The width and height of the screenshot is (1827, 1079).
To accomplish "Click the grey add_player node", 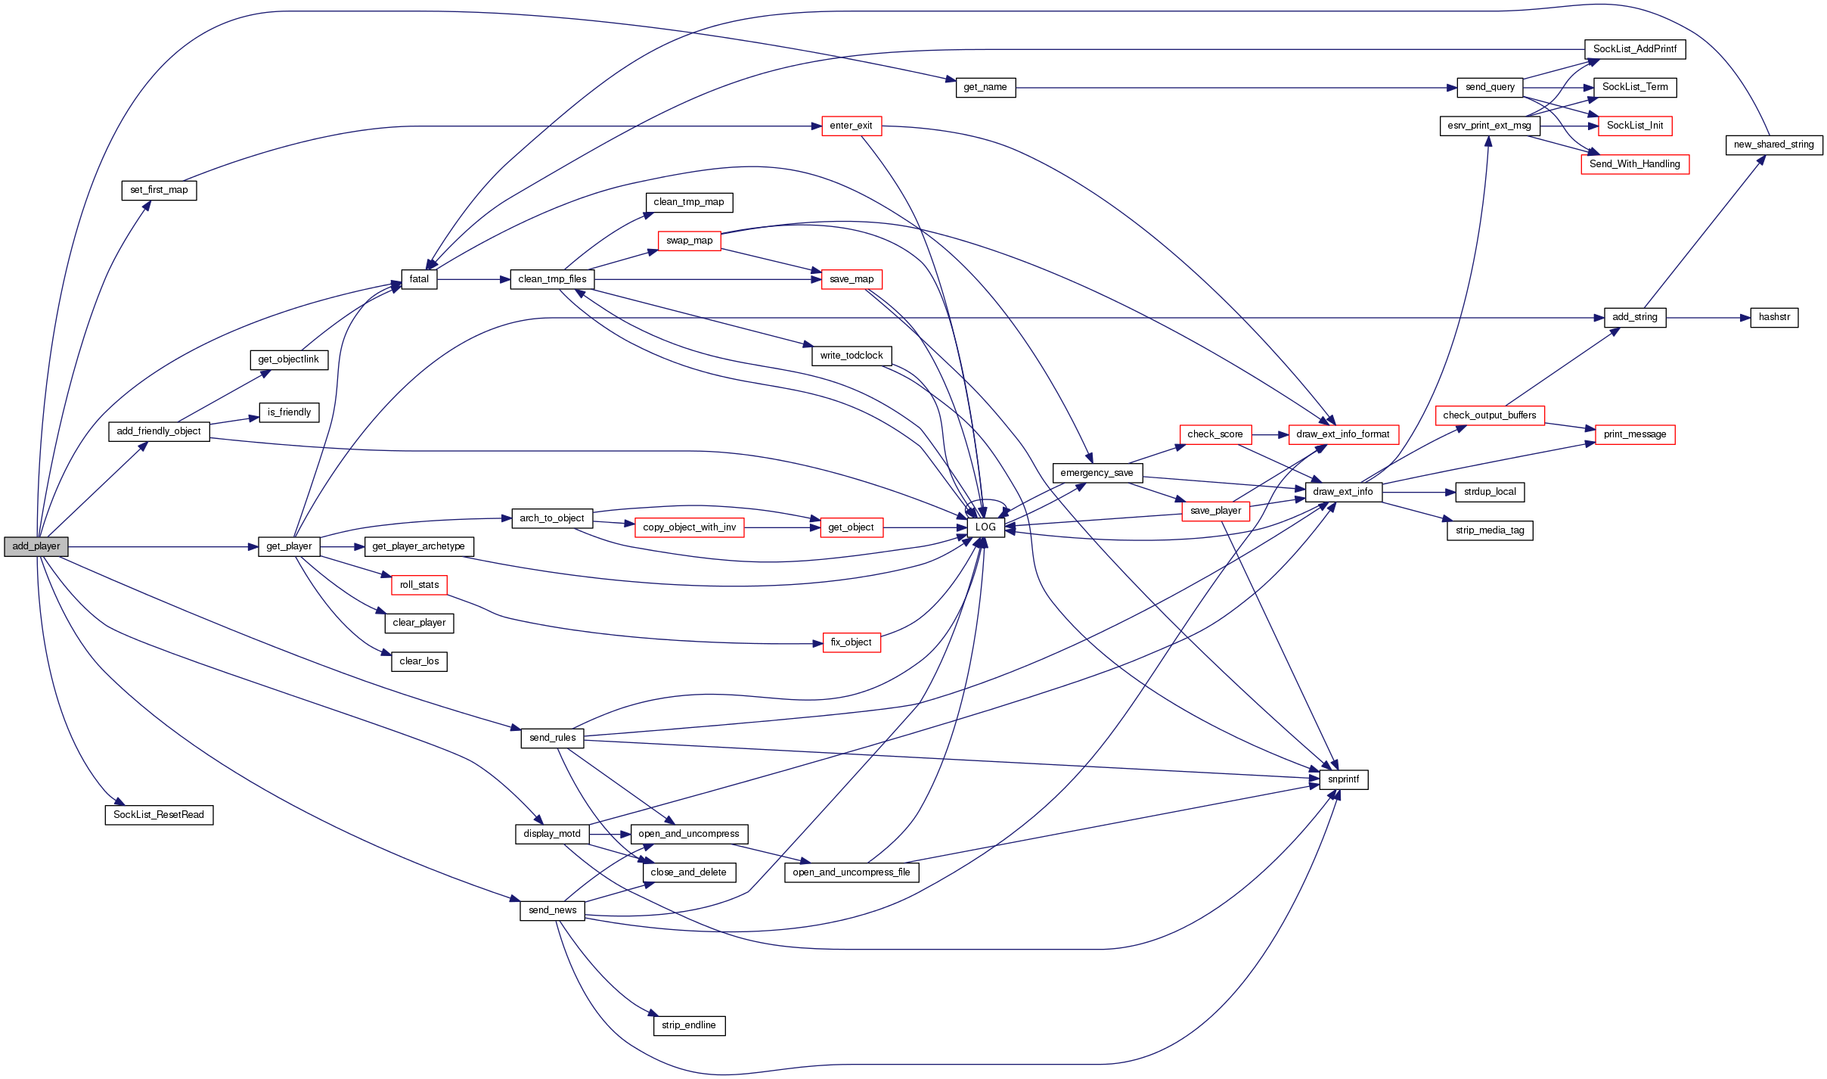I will click(x=36, y=546).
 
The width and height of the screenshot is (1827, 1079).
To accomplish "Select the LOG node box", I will click(x=985, y=527).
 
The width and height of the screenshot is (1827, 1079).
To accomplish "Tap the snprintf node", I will click(x=1343, y=779).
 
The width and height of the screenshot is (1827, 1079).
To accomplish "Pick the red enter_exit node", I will click(x=851, y=126).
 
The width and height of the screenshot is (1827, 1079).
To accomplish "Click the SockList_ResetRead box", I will click(x=159, y=815).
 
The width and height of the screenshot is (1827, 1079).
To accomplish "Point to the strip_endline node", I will click(x=688, y=1025).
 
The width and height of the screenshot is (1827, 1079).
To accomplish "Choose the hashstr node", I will click(x=1773, y=317).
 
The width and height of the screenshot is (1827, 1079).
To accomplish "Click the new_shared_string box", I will click(x=1773, y=145).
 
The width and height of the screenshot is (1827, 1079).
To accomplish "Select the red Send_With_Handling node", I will click(x=1634, y=164).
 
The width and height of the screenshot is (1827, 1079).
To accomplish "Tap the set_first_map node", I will click(x=159, y=190).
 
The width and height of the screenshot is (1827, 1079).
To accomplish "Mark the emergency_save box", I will click(x=1097, y=473).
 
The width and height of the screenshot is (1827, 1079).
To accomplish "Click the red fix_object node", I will click(x=851, y=642).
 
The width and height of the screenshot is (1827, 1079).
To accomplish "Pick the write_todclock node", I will click(x=851, y=356).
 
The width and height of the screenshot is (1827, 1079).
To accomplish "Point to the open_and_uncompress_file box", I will click(x=851, y=872).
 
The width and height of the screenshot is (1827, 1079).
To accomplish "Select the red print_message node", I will click(x=1634, y=434).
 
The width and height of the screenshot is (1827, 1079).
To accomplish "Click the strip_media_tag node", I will click(x=1489, y=530).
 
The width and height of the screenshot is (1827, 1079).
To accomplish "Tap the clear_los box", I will click(x=419, y=661).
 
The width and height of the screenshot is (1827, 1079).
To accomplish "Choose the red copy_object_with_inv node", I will click(x=689, y=527).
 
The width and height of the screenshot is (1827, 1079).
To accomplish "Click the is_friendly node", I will click(x=289, y=412).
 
